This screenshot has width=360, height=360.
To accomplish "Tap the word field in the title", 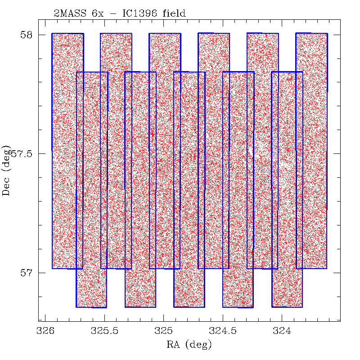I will [174, 14].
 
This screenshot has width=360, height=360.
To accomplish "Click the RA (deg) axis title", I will [189, 345].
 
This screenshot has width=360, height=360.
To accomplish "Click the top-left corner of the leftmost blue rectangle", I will [52, 33].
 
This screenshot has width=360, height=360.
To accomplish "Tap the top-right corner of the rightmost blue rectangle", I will [327, 33].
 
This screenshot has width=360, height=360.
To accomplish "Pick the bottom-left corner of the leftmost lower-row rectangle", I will [76, 307].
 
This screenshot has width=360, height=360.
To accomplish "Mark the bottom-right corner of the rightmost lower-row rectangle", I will [302, 307].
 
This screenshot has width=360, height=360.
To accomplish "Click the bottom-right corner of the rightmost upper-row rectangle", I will [327, 268].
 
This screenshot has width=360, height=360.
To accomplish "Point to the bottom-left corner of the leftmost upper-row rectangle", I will [53, 268].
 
